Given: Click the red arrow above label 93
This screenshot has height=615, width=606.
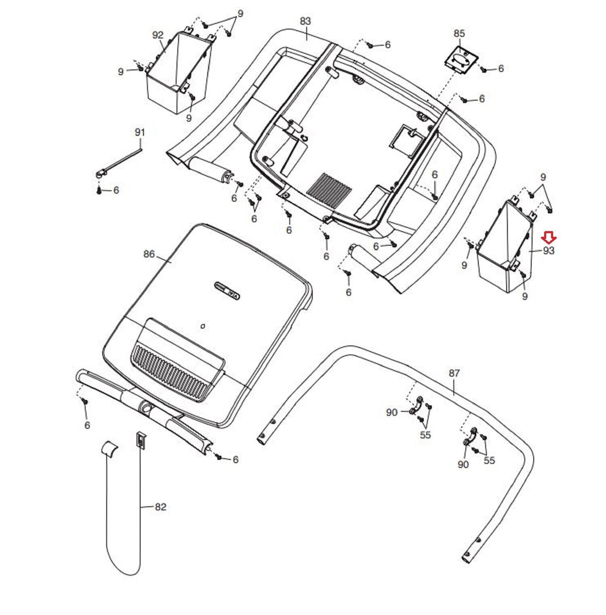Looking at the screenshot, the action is tap(548, 237).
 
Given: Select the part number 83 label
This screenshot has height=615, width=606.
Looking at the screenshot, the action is tap(305, 21).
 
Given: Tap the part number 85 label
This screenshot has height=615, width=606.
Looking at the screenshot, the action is tap(459, 33).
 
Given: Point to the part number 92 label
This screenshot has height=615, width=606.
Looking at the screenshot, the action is tap(158, 35).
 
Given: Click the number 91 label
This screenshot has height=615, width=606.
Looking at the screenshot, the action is tap(140, 132).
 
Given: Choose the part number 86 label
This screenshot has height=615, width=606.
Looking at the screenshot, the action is tap(149, 254).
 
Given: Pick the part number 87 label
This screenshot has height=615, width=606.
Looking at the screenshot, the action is tap(454, 373).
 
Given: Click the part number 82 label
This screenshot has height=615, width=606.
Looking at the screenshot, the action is tap(160, 507).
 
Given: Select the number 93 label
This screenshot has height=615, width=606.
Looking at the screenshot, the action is tap(549, 251).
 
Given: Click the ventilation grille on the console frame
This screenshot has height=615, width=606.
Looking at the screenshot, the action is tap(329, 188).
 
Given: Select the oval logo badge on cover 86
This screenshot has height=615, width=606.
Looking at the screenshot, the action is tap(227, 291).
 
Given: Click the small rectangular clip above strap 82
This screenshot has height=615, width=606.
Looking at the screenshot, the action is tap(140, 440).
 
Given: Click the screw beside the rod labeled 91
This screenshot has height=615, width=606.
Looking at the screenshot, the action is tap(99, 190).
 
